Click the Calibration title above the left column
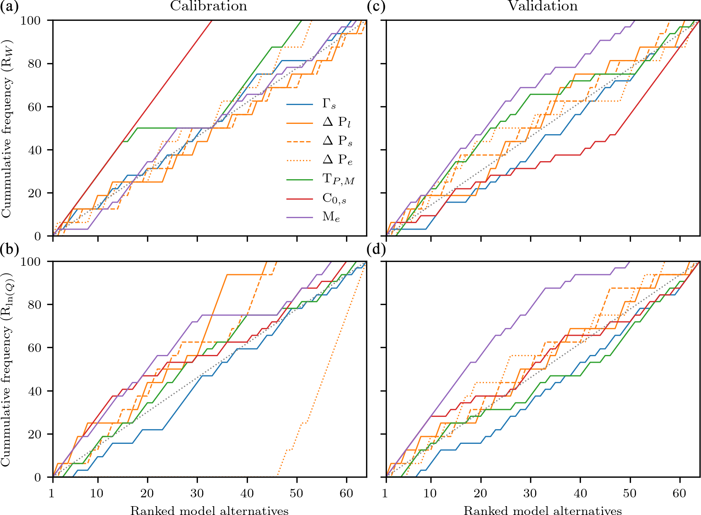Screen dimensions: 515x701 click(208, 6)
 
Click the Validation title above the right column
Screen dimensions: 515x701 click(543, 6)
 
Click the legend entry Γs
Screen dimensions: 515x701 click(329, 104)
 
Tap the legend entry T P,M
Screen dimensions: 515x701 click(338, 179)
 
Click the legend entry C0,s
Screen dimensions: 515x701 click(334, 198)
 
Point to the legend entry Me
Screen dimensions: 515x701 click(331, 217)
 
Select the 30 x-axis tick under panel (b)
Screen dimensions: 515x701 click(197, 493)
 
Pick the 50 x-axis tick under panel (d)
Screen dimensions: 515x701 click(630, 493)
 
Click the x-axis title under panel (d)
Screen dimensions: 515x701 click(543, 510)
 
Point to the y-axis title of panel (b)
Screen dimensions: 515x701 click(7, 369)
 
